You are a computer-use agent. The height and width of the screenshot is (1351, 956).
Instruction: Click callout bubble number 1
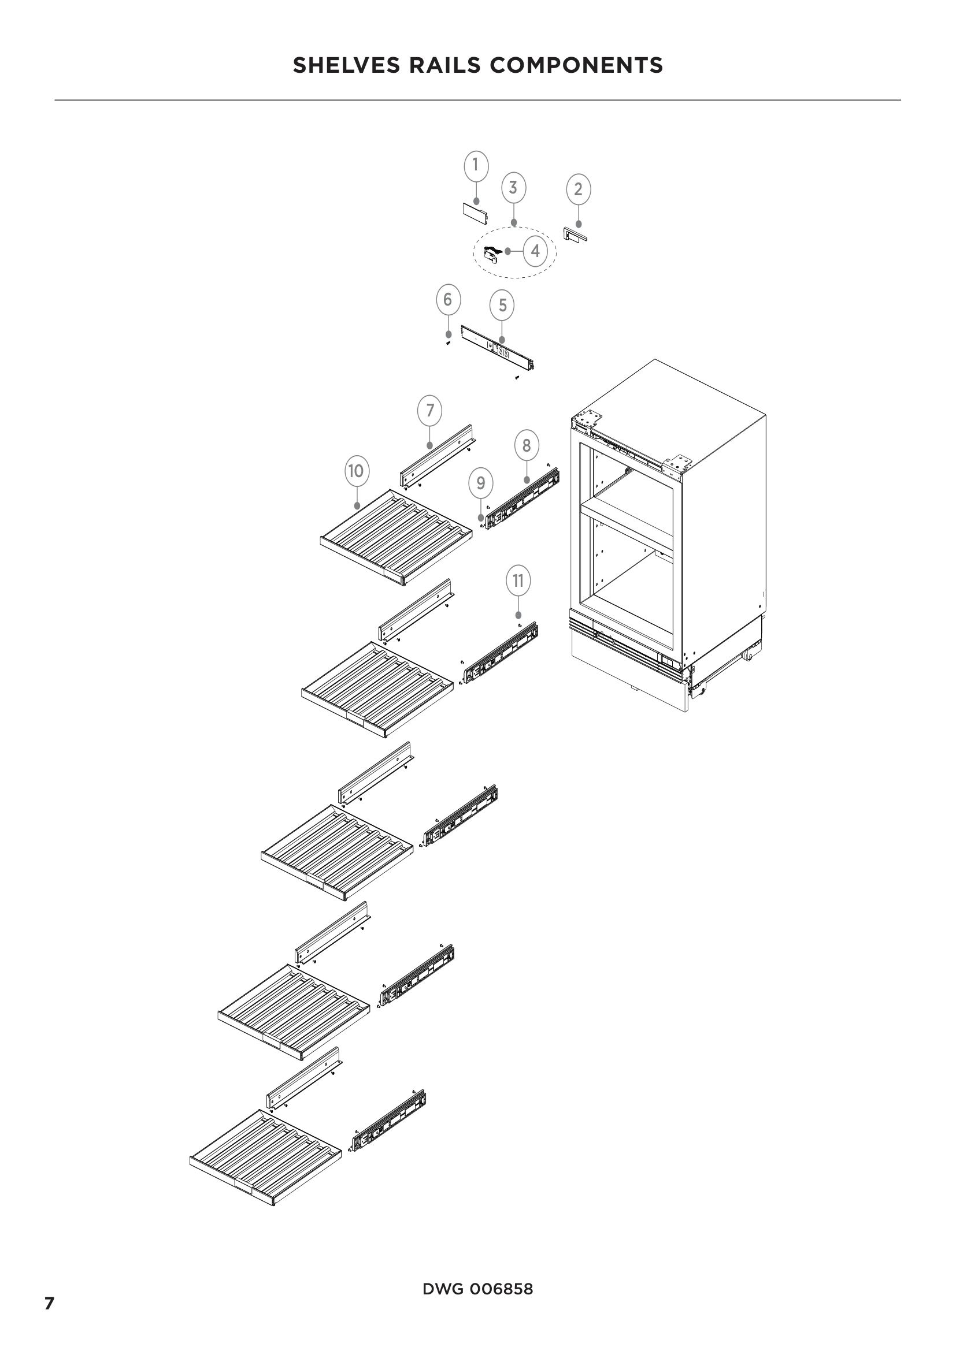pyautogui.click(x=476, y=166)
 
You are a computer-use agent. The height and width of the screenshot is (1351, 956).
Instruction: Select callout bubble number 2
pyautogui.click(x=578, y=189)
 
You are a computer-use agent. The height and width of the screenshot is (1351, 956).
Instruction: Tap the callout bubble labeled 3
pyautogui.click(x=513, y=188)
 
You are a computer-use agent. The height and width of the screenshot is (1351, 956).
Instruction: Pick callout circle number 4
pyautogui.click(x=535, y=251)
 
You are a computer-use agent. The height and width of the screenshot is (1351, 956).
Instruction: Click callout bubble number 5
pyautogui.click(x=502, y=306)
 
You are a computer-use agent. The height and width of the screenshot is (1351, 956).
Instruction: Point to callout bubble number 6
pyautogui.click(x=448, y=300)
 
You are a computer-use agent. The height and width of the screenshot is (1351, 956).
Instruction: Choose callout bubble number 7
pyautogui.click(x=429, y=411)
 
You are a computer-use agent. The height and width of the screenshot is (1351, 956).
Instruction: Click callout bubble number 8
pyautogui.click(x=527, y=446)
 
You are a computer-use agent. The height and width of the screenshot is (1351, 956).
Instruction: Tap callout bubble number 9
pyautogui.click(x=481, y=483)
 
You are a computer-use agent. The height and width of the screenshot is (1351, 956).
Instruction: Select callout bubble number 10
pyautogui.click(x=356, y=471)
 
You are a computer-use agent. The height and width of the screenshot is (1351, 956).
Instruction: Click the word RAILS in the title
pyautogui.click(x=445, y=65)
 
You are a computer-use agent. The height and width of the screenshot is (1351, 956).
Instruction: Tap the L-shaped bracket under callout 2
pyautogui.click(x=575, y=235)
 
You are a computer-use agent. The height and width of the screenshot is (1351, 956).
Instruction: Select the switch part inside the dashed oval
pyautogui.click(x=490, y=254)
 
